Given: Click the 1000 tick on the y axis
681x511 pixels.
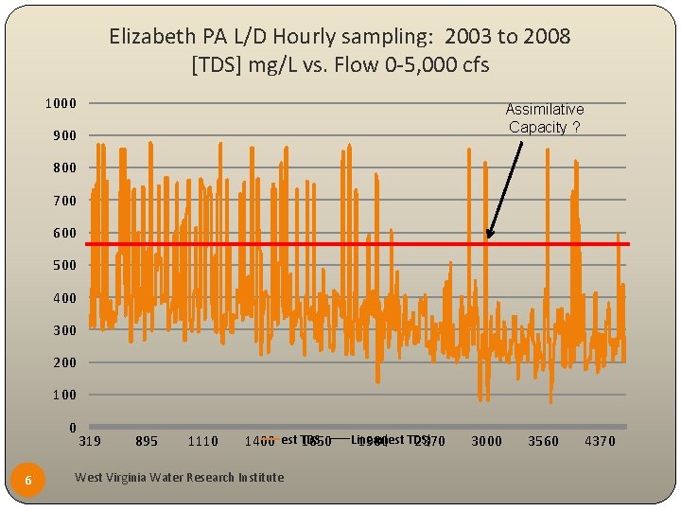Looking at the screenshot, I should click(61, 103).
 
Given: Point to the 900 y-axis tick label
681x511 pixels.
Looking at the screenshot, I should click(63, 136).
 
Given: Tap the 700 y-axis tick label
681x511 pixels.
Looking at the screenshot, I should click(63, 201).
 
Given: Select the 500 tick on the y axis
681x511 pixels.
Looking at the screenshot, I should click(63, 266).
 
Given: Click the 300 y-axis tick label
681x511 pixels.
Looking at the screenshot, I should click(63, 330).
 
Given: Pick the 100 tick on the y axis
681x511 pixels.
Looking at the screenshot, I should click(63, 395).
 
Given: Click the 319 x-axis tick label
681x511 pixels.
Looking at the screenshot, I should click(90, 441).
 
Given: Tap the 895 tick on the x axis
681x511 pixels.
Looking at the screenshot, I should click(147, 441).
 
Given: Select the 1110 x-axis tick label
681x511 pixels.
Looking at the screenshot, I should click(202, 441).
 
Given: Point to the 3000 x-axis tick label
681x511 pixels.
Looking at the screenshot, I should click(487, 441).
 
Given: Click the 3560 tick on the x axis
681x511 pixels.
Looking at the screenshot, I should click(543, 441).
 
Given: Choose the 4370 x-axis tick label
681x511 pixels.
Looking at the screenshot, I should click(600, 441).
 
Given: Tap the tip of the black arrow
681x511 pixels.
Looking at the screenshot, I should click(488, 238).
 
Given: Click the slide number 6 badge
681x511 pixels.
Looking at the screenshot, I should click(28, 481).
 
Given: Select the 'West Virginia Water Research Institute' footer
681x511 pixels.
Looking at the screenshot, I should click(179, 478).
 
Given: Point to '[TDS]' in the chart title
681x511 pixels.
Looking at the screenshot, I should click(217, 66).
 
